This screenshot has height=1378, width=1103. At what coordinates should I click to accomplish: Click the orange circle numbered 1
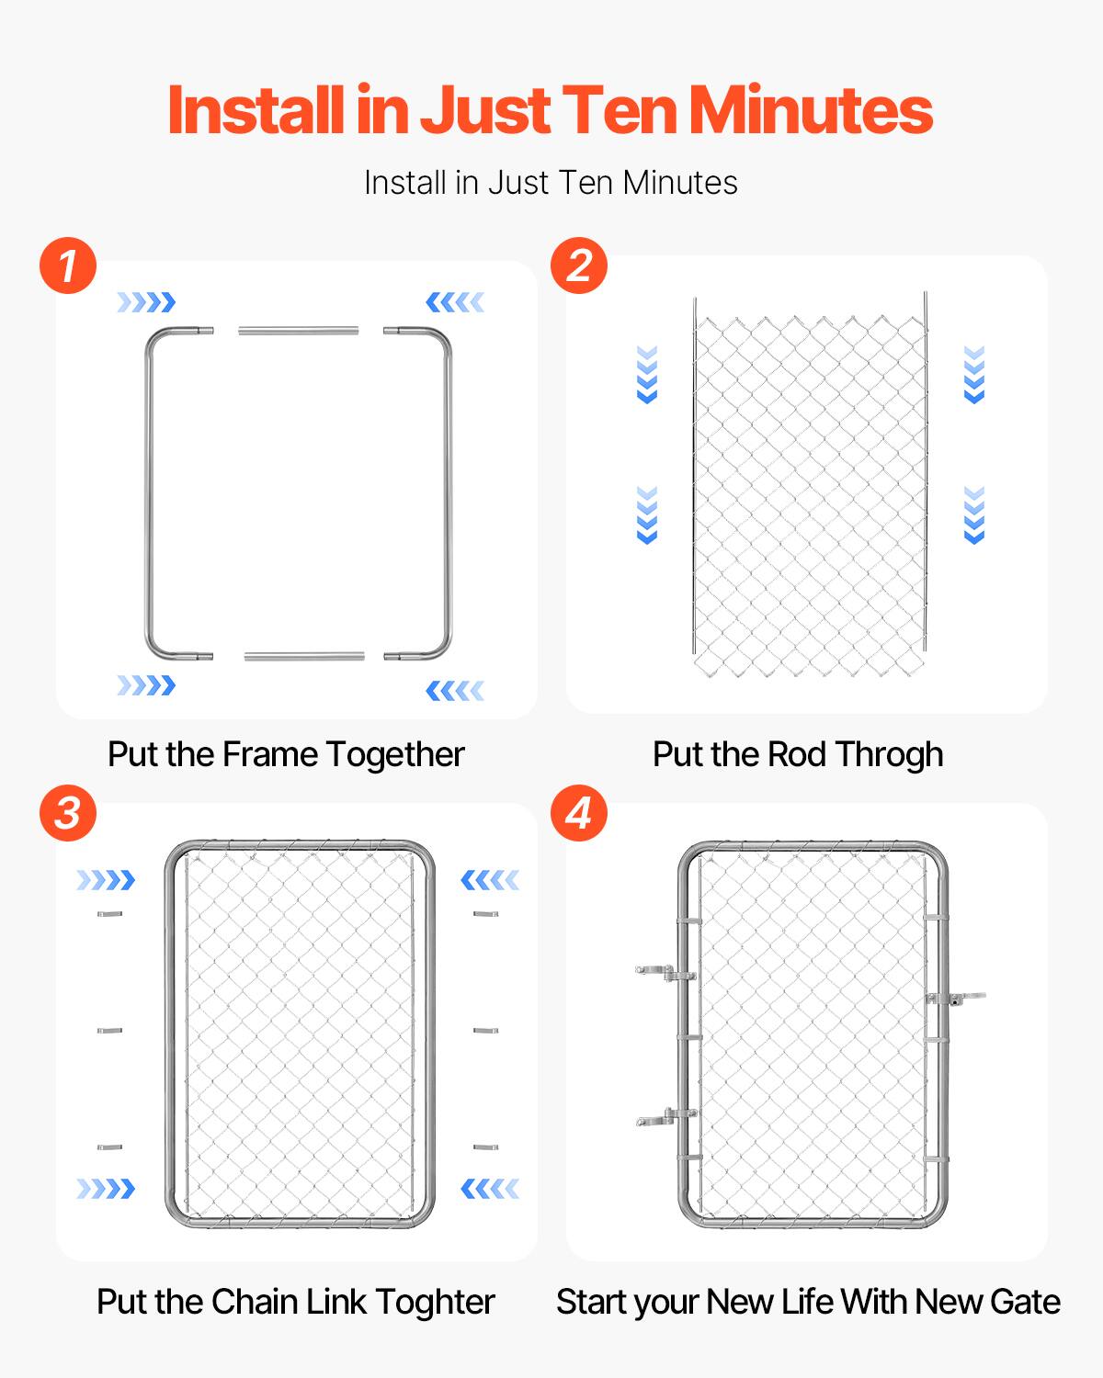click(68, 266)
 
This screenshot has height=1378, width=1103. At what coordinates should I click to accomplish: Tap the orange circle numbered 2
click(579, 266)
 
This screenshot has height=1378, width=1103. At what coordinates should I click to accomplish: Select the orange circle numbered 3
click(68, 813)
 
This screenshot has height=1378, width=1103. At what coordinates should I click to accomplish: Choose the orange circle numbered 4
click(579, 813)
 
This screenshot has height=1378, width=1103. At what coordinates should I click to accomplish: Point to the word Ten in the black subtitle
click(588, 183)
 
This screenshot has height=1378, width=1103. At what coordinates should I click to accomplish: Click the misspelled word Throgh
click(889, 754)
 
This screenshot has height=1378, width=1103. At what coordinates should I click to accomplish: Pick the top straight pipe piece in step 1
click(299, 330)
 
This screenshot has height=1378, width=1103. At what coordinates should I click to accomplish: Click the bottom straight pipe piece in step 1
click(304, 656)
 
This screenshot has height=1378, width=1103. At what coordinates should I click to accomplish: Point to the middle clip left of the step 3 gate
click(109, 1031)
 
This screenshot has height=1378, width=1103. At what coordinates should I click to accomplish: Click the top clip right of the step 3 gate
click(485, 914)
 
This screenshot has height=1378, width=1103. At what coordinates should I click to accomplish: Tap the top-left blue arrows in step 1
click(145, 302)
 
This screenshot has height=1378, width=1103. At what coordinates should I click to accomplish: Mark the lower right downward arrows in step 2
click(974, 515)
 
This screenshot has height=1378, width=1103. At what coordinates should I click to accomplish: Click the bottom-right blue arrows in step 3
click(490, 1189)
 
